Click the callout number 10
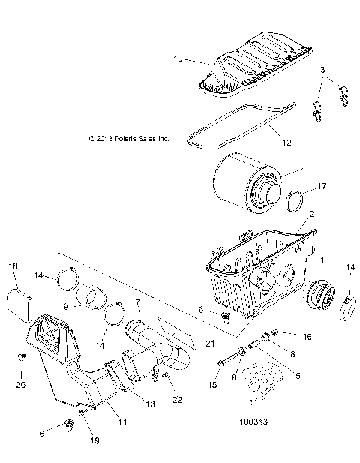[x=178, y=58]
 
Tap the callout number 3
[x=322, y=70]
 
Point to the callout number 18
[x=13, y=266]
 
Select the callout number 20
[x=20, y=384]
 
